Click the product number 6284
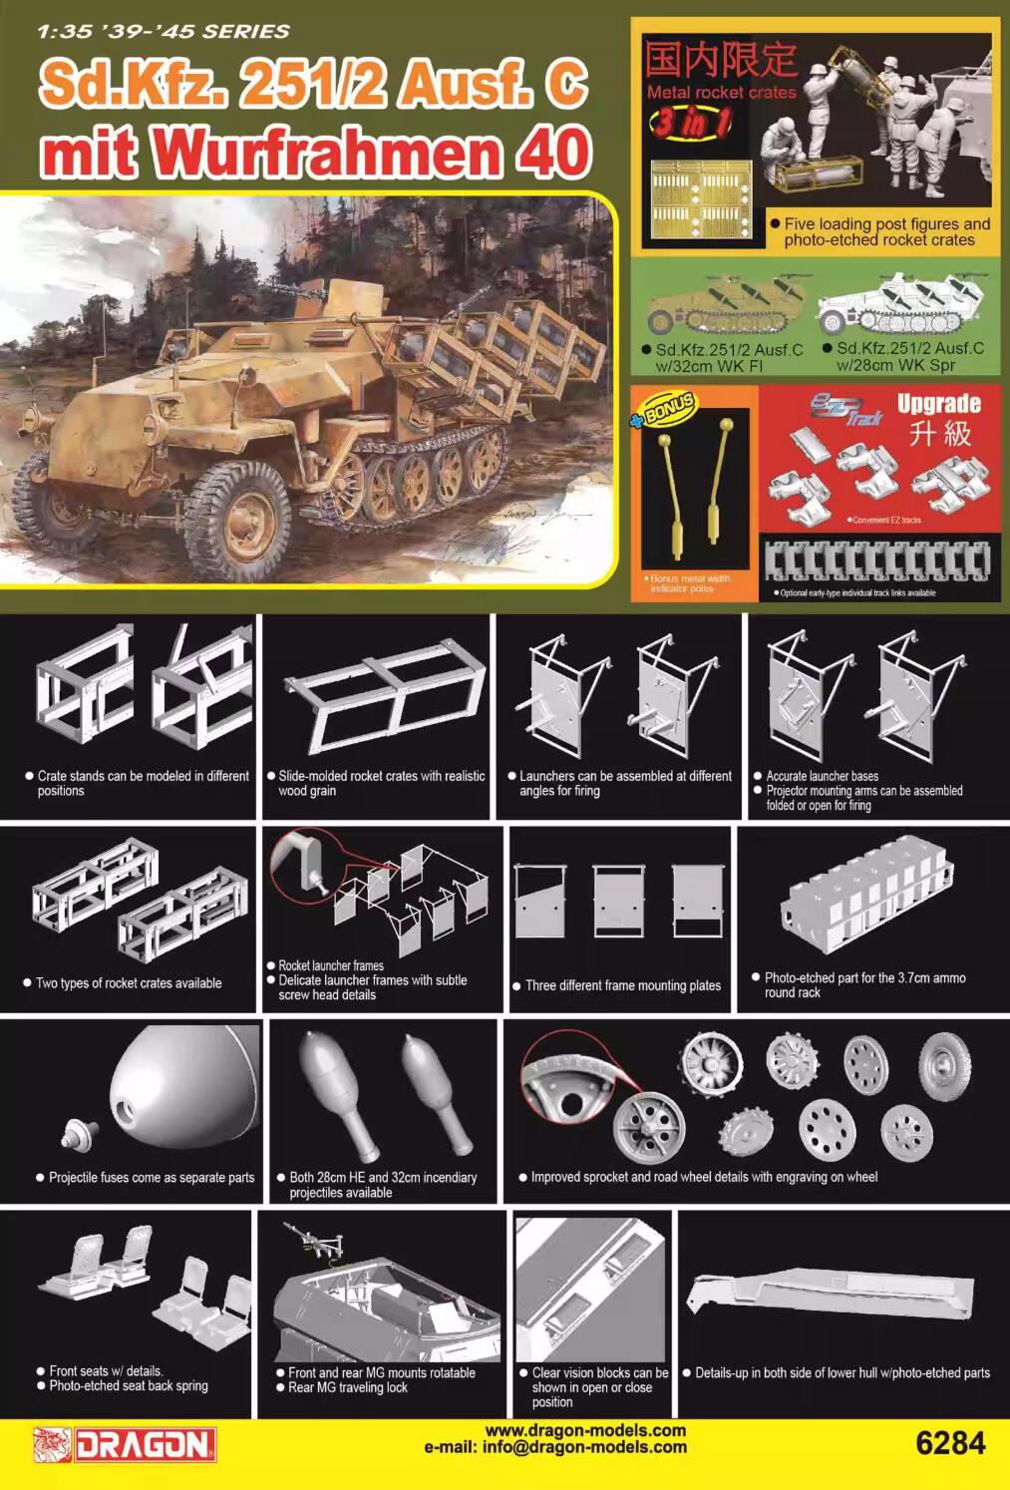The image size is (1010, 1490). tap(949, 1444)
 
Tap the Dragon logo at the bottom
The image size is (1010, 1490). tap(126, 1445)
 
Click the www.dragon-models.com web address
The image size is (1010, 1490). tap(585, 1430)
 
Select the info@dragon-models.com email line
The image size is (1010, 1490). tap(555, 1447)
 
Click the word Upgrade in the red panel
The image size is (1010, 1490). tap(938, 404)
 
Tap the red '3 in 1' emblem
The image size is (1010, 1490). tap(690, 123)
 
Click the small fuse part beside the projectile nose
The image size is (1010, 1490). tap(78, 1133)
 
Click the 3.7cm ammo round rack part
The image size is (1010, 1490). tap(867, 896)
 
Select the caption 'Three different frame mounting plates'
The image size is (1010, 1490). tap(622, 985)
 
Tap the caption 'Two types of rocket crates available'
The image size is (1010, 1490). tap(129, 983)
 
